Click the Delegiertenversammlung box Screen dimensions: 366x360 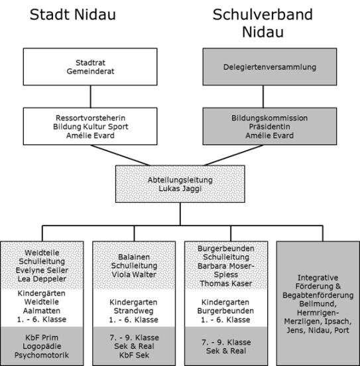[269, 67]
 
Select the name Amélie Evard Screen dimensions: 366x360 [269, 135]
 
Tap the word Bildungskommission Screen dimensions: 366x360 [269, 117]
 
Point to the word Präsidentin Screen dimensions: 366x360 [269, 126]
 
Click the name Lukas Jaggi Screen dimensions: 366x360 [180, 188]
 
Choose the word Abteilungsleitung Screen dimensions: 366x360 [180, 180]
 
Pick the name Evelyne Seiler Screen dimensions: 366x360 [42, 270]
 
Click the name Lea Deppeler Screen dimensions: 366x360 [42, 278]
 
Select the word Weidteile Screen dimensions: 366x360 [42, 253]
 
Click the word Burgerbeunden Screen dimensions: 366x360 [226, 249]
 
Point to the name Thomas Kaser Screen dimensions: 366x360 [226, 283]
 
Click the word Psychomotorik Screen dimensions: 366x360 [42, 355]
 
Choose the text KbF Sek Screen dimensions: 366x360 [134, 355]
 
